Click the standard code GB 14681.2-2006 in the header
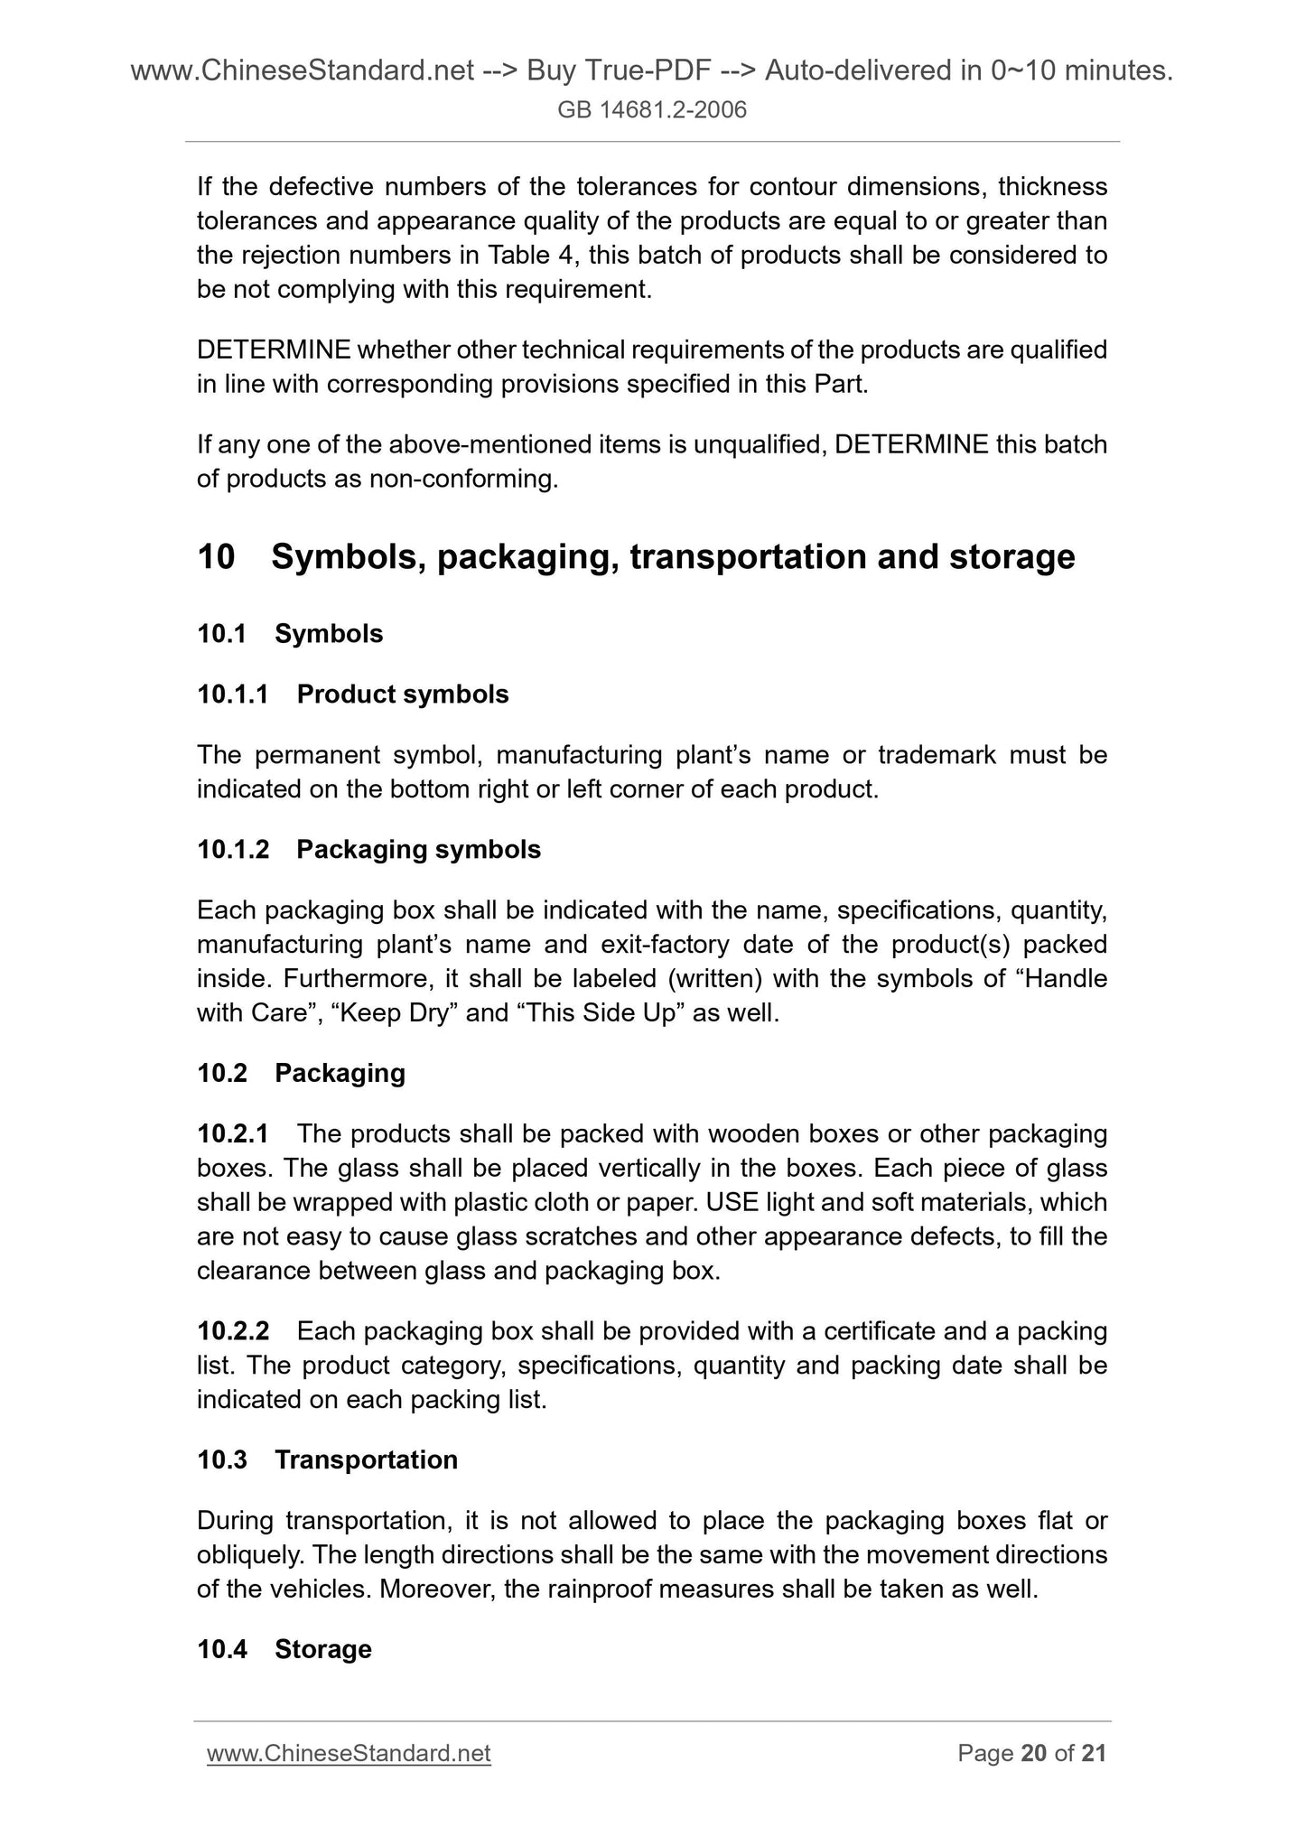pyautogui.click(x=652, y=110)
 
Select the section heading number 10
pyautogui.click(x=216, y=556)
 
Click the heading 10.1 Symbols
pyautogui.click(x=290, y=634)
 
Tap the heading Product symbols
pyautogui.click(x=402, y=695)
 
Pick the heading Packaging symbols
pyautogui.click(x=418, y=850)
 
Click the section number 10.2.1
pyautogui.click(x=233, y=1133)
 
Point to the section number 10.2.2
pyautogui.click(x=233, y=1331)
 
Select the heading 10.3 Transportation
pyautogui.click(x=327, y=1460)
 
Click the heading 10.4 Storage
pyautogui.click(x=284, y=1649)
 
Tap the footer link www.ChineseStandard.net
pyautogui.click(x=349, y=1753)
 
